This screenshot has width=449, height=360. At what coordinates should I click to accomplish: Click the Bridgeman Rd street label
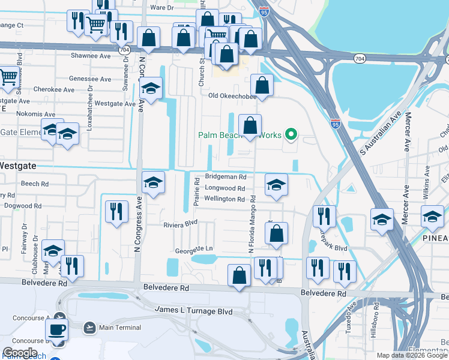click(x=226, y=177)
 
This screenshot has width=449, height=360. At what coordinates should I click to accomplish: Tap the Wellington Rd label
click(x=224, y=199)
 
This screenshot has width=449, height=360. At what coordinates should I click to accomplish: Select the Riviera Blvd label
click(x=181, y=223)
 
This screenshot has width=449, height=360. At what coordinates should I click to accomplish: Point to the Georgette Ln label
click(x=194, y=249)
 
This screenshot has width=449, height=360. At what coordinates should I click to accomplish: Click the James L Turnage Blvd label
click(x=193, y=310)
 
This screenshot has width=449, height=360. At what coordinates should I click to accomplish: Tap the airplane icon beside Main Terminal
click(x=90, y=327)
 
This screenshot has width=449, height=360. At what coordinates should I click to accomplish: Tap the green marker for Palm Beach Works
click(x=291, y=134)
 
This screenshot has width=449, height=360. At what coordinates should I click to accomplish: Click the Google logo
click(x=20, y=353)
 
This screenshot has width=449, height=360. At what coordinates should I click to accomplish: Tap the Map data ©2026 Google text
click(x=411, y=355)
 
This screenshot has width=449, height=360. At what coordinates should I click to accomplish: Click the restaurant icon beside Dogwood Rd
click(x=116, y=211)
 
